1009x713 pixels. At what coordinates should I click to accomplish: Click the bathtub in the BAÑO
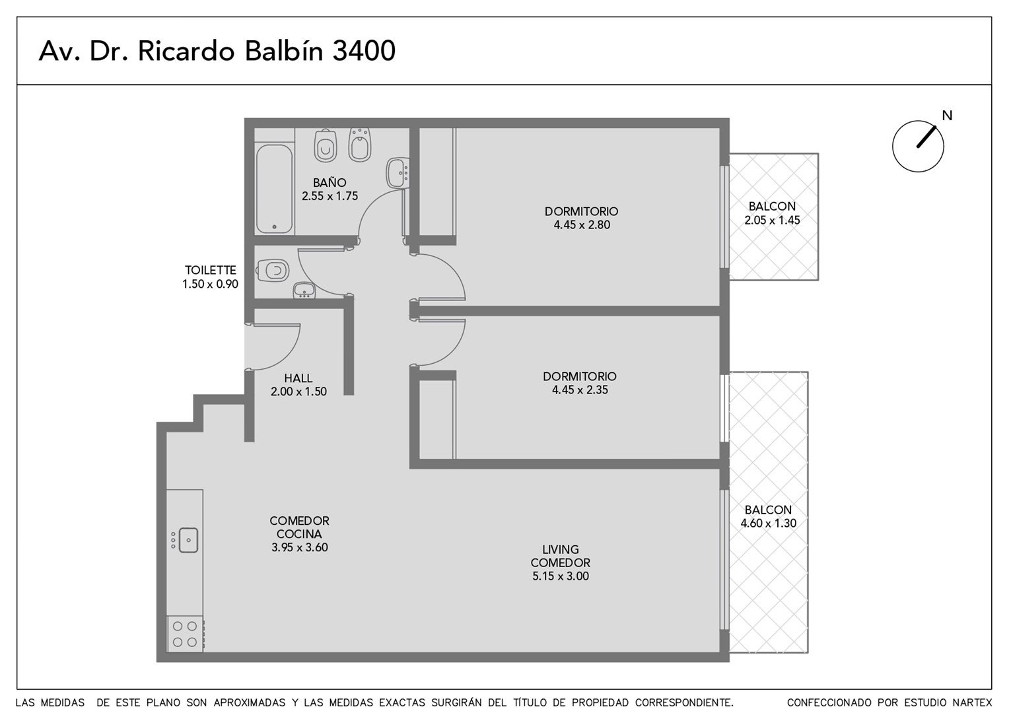274,188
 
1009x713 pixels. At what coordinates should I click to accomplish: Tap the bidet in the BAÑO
359,145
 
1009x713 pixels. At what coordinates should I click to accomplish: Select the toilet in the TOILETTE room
273,270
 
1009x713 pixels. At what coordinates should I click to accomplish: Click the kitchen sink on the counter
188,540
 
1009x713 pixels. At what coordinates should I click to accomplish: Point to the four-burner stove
185,634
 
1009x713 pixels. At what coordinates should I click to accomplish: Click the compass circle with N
918,147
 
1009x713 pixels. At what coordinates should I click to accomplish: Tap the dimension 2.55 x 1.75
330,196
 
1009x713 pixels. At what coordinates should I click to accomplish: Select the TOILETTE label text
211,270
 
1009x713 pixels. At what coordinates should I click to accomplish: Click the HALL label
298,378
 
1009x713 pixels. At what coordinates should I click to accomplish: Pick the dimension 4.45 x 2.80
582,224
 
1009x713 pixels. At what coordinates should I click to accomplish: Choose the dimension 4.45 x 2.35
580,390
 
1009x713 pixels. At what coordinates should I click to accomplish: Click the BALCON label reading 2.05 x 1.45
772,206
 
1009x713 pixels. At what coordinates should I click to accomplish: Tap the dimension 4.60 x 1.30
769,523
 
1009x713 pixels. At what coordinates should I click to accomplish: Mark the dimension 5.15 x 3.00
561,576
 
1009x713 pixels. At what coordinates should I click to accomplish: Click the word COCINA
299,534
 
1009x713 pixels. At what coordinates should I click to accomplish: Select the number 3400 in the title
364,51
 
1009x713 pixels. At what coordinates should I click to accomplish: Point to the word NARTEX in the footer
972,702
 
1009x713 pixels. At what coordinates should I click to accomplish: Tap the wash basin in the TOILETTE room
304,290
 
